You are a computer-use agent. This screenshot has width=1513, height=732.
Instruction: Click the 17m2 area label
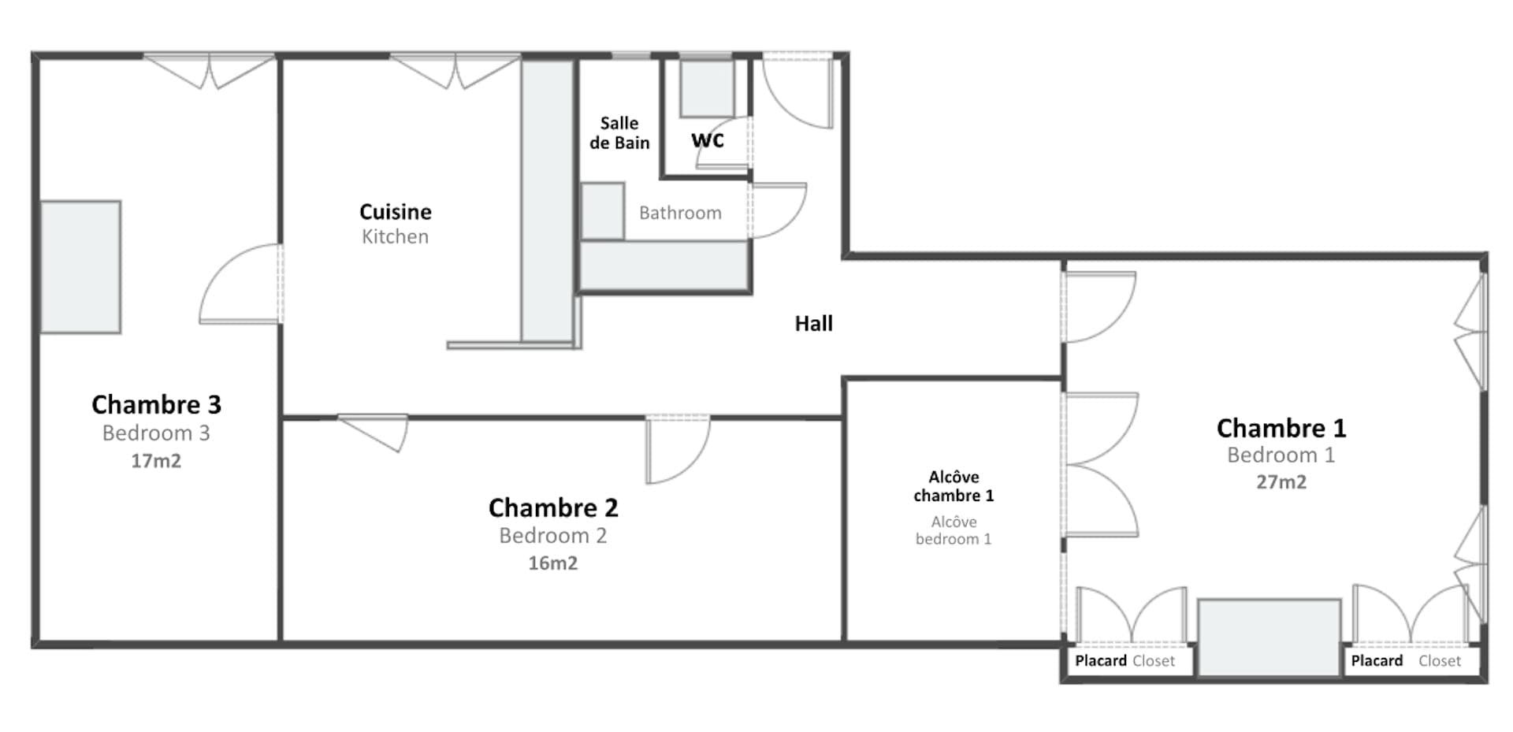coord(156,461)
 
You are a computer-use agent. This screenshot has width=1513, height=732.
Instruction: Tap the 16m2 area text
coord(552,563)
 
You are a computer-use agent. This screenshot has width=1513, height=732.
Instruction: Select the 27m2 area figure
coord(1281,482)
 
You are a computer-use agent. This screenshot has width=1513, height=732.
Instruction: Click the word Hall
coord(813,324)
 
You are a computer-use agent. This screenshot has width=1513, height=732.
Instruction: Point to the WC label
coord(707,140)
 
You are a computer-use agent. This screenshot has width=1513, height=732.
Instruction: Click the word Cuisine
coord(395,212)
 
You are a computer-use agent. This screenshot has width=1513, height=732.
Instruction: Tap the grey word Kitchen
coord(395,236)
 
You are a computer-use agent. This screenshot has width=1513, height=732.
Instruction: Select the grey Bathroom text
coord(680,213)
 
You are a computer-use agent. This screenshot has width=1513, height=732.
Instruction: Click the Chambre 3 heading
coord(156,404)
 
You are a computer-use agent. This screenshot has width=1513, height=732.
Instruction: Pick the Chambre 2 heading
coord(552,507)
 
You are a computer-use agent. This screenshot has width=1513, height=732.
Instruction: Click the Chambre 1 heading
coord(1281,428)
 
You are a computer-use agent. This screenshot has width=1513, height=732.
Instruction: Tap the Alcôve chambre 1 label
coord(954,486)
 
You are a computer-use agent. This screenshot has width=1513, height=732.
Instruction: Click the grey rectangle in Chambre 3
coord(80,266)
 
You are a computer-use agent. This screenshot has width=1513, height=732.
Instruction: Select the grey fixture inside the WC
coord(706,88)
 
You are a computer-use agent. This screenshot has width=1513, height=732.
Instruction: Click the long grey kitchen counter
coord(547,201)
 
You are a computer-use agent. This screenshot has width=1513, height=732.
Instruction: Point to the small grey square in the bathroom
coord(603,210)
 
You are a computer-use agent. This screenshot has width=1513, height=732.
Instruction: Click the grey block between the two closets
coord(1269,637)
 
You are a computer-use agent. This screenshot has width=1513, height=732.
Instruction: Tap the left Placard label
coord(1100,661)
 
